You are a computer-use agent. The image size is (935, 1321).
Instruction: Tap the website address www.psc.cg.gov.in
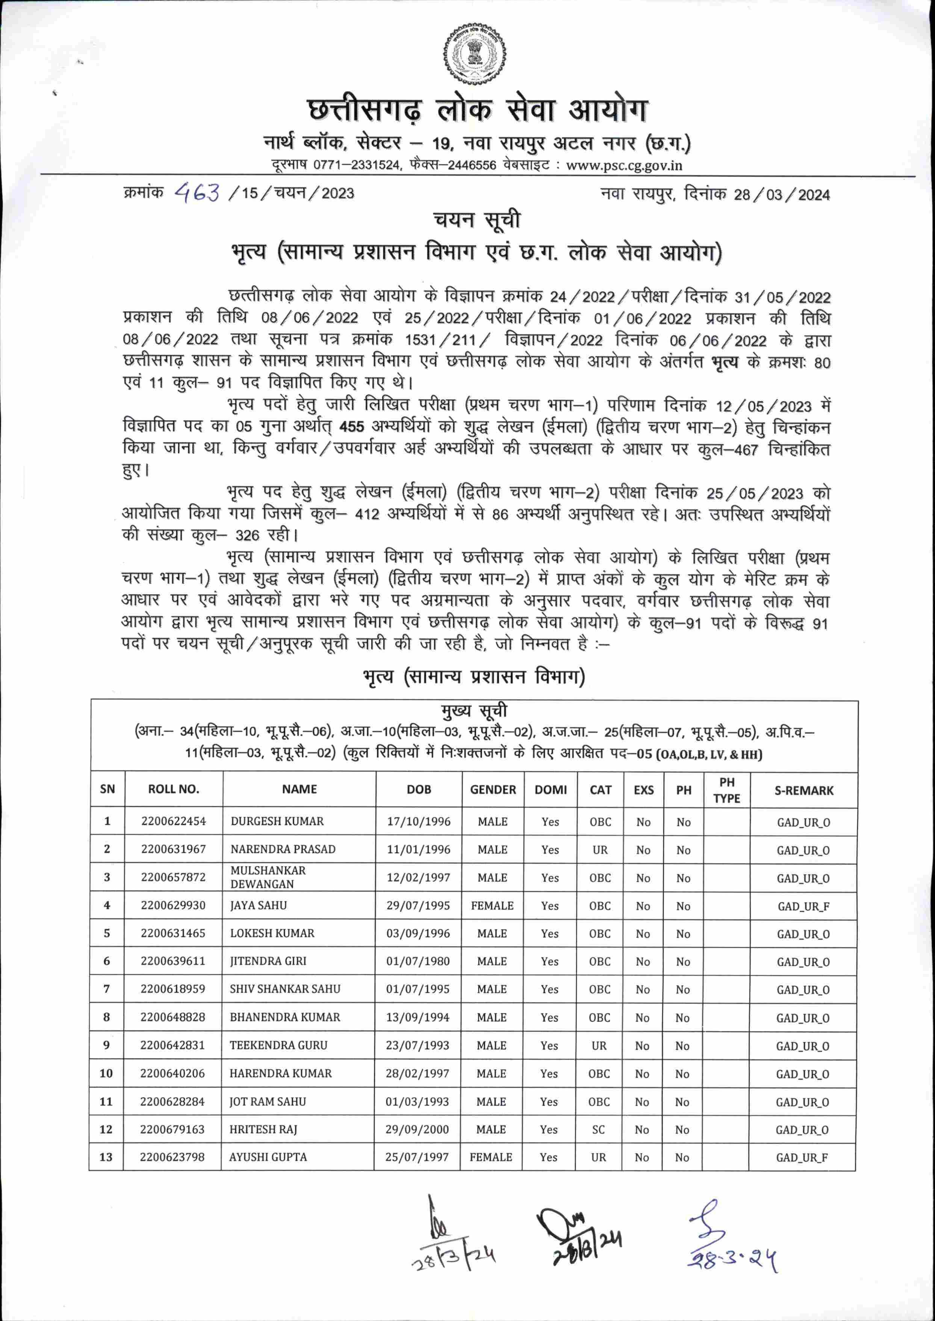624,165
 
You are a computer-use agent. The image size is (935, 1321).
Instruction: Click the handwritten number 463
197,192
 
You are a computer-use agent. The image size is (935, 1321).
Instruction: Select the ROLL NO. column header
173,789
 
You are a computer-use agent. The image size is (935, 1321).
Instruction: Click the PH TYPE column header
726,790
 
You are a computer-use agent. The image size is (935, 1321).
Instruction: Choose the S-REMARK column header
804,790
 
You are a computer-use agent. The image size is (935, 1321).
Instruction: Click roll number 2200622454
173,821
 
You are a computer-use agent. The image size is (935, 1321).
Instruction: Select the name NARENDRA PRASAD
283,849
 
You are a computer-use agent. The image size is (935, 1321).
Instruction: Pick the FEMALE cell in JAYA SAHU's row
492,905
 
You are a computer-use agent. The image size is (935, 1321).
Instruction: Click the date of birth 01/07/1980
418,961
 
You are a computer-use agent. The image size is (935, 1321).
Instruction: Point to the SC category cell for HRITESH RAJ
599,1129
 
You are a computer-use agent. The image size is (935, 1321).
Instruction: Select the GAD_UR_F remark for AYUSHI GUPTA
802,1158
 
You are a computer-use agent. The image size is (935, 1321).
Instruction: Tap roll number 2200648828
173,1017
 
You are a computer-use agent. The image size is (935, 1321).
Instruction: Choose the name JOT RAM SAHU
268,1102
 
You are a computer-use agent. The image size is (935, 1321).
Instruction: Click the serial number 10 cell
106,1073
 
